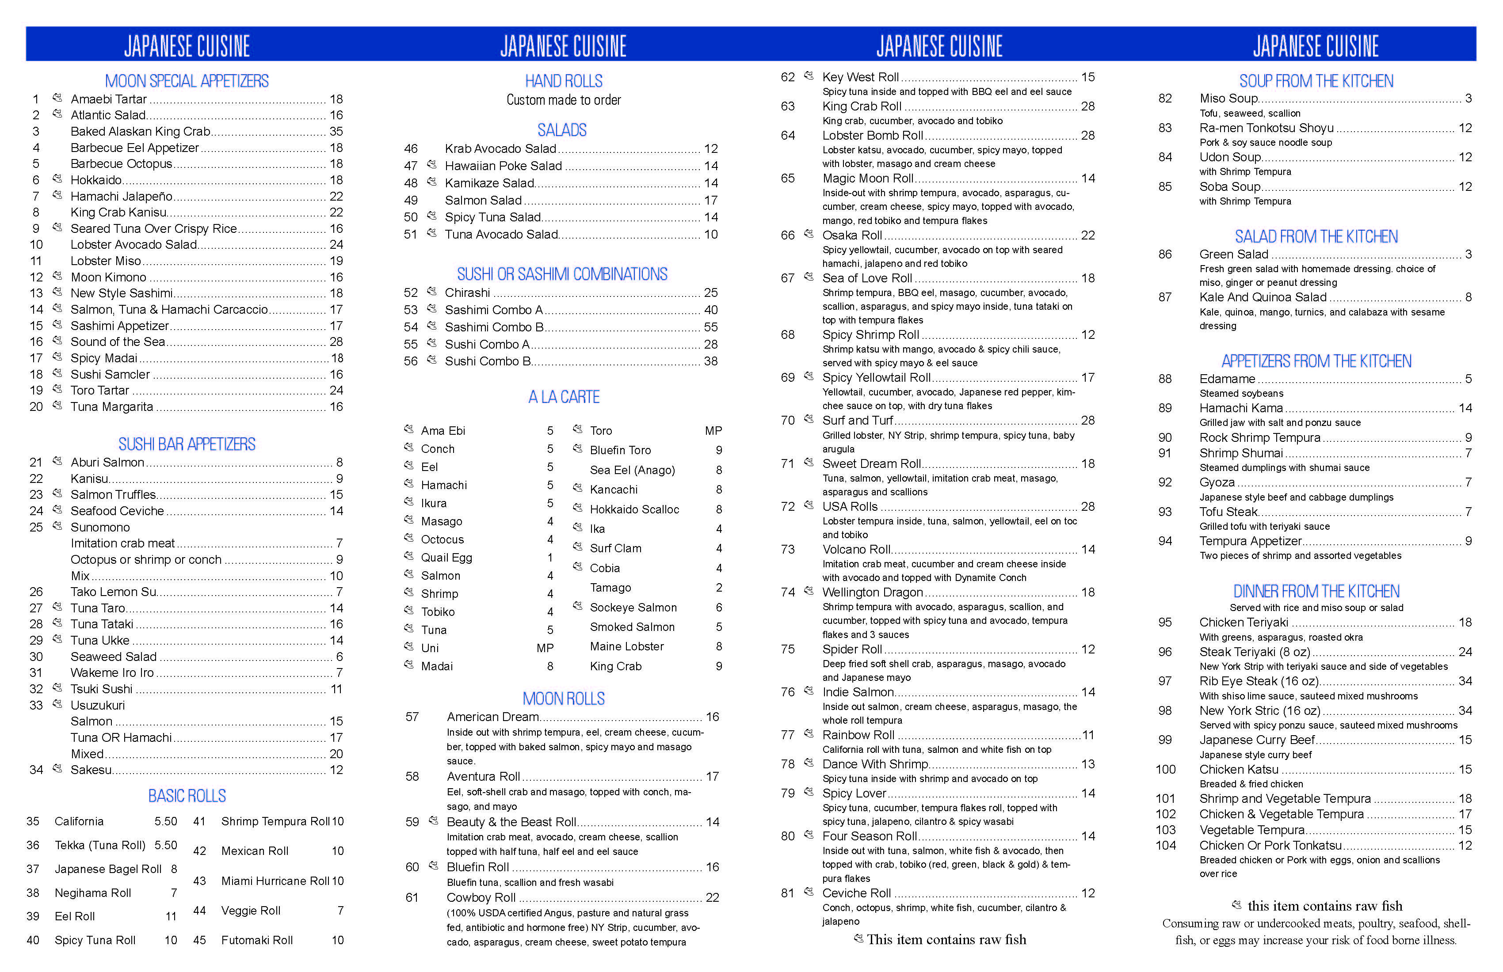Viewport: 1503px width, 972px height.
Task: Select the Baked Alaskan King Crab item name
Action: (140, 131)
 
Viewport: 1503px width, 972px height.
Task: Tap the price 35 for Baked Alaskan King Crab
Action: (336, 131)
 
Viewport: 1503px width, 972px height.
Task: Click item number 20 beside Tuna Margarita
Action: (36, 407)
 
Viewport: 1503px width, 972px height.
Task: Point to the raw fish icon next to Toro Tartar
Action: (57, 389)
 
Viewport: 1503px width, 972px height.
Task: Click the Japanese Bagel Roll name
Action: (108, 869)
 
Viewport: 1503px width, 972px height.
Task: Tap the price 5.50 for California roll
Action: (165, 821)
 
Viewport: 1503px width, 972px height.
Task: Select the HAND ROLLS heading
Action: (563, 81)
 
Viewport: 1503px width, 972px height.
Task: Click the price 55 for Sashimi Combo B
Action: (710, 327)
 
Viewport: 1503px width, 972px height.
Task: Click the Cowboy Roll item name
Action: (481, 897)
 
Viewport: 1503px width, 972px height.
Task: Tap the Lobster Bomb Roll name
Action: (872, 136)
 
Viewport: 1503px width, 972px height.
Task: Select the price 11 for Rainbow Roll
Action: (1087, 735)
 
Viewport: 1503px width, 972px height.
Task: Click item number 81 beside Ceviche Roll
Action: (787, 893)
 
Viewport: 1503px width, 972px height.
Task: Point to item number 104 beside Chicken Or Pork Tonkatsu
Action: (1166, 846)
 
